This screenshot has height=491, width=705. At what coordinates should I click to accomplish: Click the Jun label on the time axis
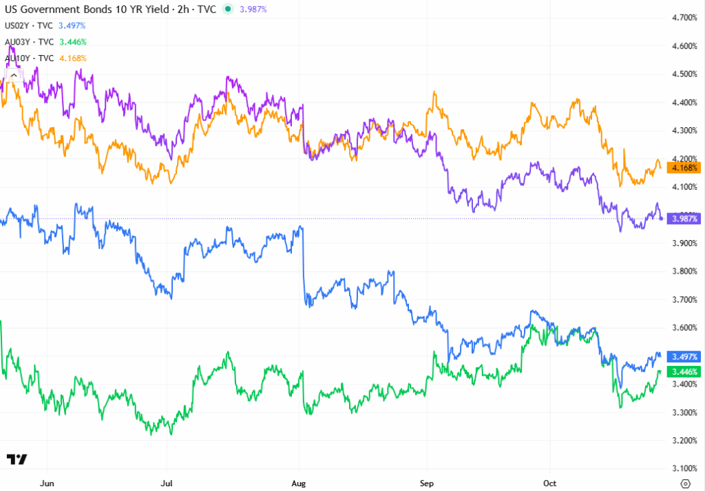point(48,483)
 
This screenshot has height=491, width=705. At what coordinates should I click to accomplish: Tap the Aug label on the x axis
point(299,483)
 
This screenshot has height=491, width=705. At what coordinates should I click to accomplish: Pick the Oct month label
point(549,483)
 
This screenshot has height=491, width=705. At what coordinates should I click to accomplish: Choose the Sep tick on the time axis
point(428,483)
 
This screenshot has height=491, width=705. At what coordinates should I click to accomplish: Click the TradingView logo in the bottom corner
point(17,459)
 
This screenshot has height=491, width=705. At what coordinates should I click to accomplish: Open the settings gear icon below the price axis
point(685,483)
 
